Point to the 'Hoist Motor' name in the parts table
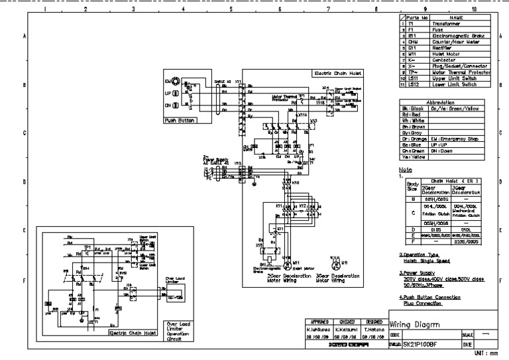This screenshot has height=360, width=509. click(438, 54)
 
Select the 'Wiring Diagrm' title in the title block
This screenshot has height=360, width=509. click(420, 325)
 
